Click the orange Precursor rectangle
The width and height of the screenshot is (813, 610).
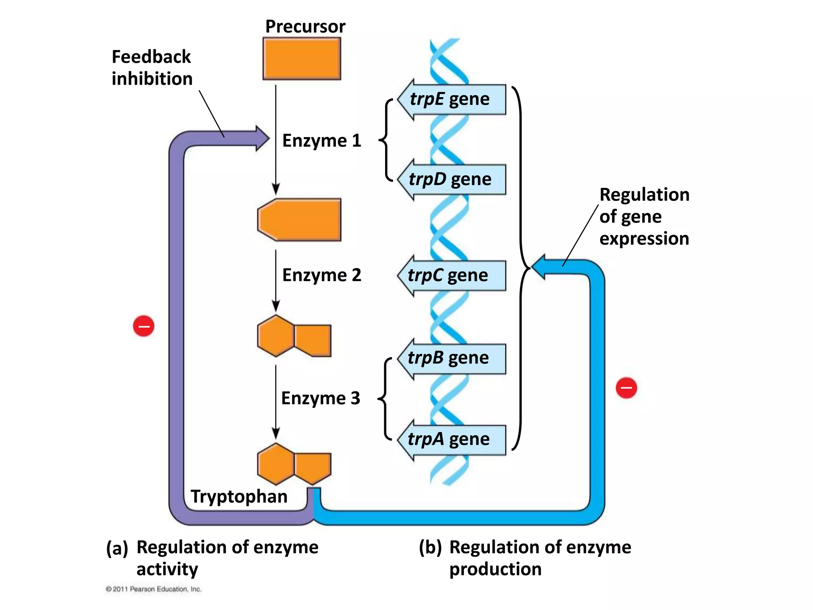pyautogui.click(x=302, y=59)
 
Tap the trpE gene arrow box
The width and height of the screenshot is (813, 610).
pyautogui.click(x=453, y=99)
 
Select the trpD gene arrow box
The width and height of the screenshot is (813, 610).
pyautogui.click(x=453, y=180)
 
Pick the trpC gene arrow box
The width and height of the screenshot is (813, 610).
pyautogui.click(x=453, y=276)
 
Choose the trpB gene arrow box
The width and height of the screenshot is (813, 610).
pyautogui.click(x=453, y=359)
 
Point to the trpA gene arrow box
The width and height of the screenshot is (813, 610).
pyautogui.click(x=453, y=440)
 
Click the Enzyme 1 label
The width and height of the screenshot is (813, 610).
pyautogui.click(x=322, y=141)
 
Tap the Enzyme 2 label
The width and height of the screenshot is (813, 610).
pyautogui.click(x=322, y=275)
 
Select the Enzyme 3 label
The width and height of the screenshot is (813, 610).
pyautogui.click(x=321, y=398)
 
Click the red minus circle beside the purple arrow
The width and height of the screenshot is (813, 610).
pyautogui.click(x=144, y=326)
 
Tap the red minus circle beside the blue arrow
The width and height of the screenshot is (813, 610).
pyautogui.click(x=626, y=388)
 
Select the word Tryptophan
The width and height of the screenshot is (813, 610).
pyautogui.click(x=239, y=496)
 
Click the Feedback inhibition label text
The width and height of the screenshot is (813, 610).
pyautogui.click(x=152, y=68)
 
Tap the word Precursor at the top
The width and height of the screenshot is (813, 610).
pyautogui.click(x=305, y=27)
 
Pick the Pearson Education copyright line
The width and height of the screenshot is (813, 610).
pyautogui.click(x=154, y=589)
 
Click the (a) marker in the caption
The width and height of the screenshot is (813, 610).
pyautogui.click(x=117, y=548)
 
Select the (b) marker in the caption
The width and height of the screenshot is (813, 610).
pyautogui.click(x=430, y=548)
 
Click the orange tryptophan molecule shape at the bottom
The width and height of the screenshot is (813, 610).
pyautogui.click(x=294, y=464)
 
